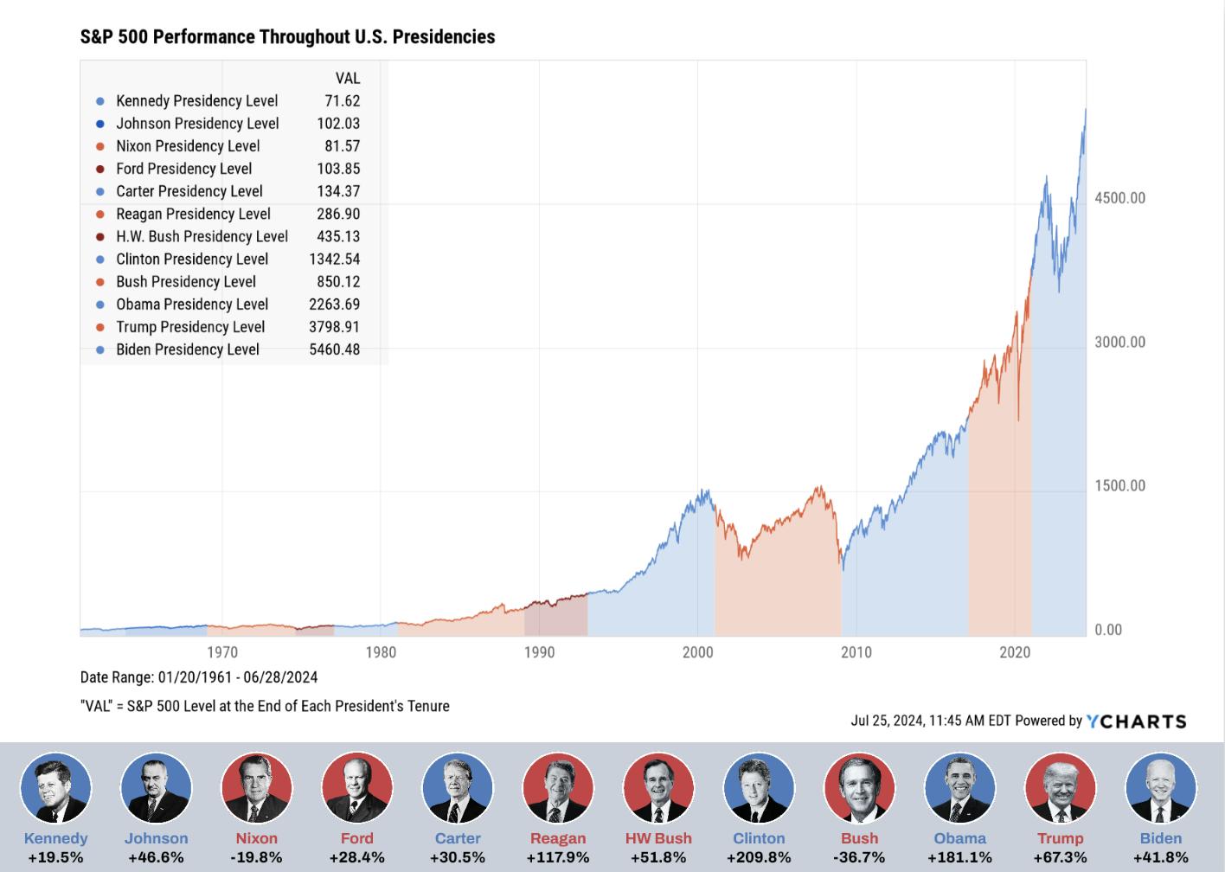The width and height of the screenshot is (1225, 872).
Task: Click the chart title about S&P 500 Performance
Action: coord(287,36)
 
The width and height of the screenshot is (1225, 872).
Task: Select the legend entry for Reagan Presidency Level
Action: coord(193,214)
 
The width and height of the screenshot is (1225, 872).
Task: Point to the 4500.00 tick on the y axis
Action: coord(1119,198)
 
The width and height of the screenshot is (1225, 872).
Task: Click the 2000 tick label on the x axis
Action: coord(697,652)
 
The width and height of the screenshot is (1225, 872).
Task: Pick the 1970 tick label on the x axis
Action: coord(222,652)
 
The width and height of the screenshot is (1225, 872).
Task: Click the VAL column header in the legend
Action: coord(347,79)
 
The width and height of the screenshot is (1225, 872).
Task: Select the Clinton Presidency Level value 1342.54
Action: coord(334,260)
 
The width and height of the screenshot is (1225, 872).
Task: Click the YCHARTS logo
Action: coord(1136,721)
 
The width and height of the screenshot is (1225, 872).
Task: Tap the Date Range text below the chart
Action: coord(199,677)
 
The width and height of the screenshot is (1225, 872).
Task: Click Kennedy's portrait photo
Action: coord(55,788)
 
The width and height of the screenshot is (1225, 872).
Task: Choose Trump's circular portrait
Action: coord(1060,788)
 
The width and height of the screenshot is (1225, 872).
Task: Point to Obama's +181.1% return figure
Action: coord(959,857)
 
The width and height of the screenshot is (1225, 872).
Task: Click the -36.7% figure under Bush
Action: coord(859,857)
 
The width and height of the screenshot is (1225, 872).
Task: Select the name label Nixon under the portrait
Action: coord(257,838)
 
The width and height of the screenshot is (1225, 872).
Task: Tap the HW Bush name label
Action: coord(658,838)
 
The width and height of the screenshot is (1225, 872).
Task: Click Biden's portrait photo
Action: coord(1160,788)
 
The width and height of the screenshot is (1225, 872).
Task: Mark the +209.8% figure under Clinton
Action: coord(759,857)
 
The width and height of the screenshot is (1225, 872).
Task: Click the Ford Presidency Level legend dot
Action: coord(100,170)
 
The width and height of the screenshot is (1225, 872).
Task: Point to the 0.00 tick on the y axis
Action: coord(1108,630)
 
